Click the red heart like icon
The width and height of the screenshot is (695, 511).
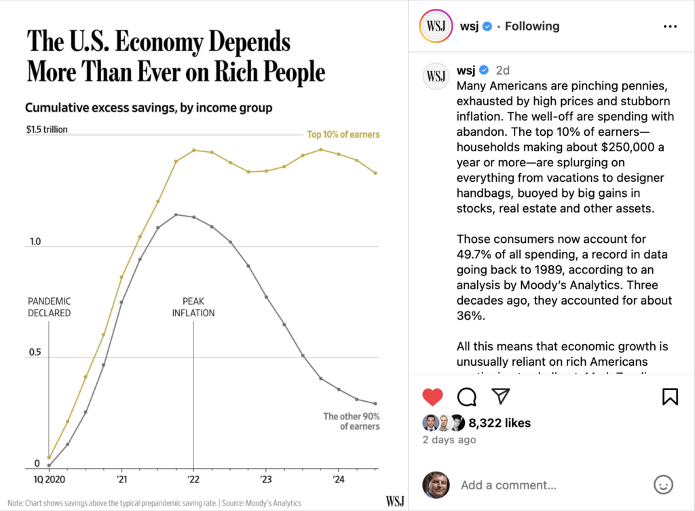click(x=432, y=396)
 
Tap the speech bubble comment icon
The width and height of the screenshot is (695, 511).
click(x=466, y=396)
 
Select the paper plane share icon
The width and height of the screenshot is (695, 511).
click(x=500, y=396)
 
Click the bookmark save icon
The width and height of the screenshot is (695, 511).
click(x=670, y=396)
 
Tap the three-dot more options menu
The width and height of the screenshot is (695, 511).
click(x=670, y=26)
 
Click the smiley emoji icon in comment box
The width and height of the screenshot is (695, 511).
click(x=662, y=485)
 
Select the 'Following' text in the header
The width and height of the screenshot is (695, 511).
click(x=532, y=26)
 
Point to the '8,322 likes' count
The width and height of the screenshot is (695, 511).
click(x=500, y=423)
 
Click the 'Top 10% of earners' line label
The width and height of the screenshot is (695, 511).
click(x=343, y=134)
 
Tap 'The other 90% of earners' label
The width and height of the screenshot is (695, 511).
click(x=351, y=421)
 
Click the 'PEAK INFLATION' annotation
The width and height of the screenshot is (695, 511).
click(x=193, y=307)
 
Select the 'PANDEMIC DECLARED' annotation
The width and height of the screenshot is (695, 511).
click(x=49, y=307)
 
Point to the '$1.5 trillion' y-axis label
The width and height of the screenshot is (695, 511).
click(x=47, y=130)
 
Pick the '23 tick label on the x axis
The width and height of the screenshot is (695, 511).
click(x=264, y=479)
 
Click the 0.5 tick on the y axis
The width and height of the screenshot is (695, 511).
click(x=33, y=353)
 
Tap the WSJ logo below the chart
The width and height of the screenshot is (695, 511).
click(x=395, y=501)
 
